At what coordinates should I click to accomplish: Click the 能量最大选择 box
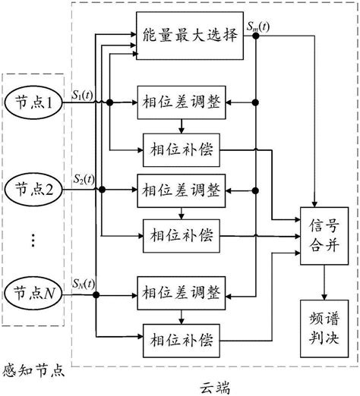click(x=188, y=36)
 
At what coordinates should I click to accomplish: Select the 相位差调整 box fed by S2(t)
click(x=181, y=189)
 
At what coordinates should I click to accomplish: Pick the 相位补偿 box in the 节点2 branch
click(x=181, y=231)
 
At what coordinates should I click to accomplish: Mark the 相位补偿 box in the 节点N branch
click(x=181, y=335)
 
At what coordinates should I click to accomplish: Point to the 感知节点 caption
click(x=35, y=372)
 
